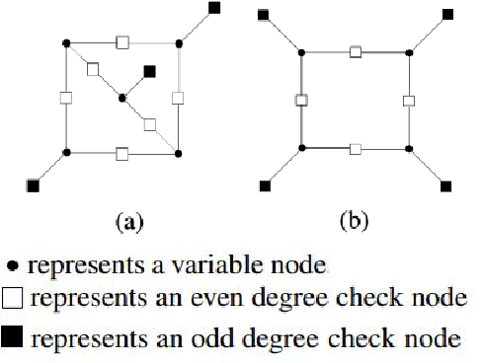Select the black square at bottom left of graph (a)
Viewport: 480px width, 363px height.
click(34, 184)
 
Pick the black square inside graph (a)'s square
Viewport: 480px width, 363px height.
click(149, 70)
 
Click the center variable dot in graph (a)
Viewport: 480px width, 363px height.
click(121, 98)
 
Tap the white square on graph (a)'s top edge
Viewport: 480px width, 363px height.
click(122, 41)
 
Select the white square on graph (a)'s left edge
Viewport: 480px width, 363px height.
click(66, 98)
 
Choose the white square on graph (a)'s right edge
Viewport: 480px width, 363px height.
click(178, 98)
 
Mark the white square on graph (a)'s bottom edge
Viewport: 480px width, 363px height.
click(122, 153)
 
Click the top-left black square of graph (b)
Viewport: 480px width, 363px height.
click(263, 14)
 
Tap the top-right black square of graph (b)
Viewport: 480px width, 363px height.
click(447, 13)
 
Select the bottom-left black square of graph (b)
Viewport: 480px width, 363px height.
click(264, 184)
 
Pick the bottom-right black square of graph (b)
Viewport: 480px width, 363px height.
click(446, 184)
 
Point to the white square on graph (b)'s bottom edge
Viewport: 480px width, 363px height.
click(356, 149)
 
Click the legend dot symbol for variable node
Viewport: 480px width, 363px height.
click(12, 266)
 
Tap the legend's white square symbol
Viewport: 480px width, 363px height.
click(13, 301)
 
